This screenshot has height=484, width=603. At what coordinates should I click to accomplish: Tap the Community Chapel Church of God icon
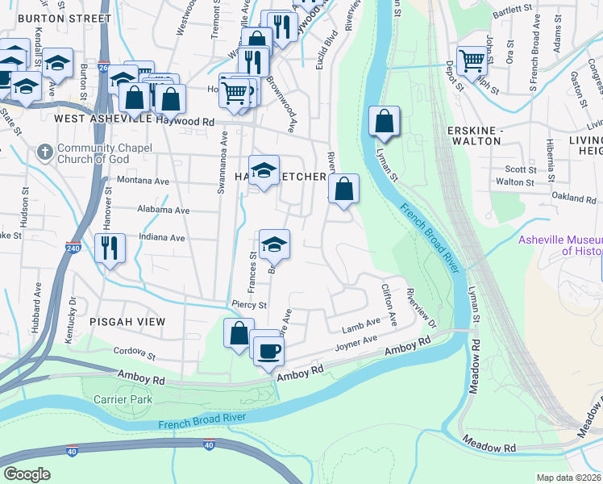tap(45, 151)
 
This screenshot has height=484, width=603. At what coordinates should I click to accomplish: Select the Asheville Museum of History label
tap(559, 245)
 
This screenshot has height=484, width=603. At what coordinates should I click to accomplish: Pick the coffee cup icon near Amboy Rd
tap(268, 349)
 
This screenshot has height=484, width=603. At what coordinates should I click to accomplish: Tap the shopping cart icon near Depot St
tap(472, 59)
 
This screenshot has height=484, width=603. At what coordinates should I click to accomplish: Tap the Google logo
tap(27, 474)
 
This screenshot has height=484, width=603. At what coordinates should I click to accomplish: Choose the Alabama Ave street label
tap(163, 210)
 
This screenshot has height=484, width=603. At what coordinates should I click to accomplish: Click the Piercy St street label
tap(248, 306)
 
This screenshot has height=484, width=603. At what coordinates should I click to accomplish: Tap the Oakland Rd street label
tap(573, 197)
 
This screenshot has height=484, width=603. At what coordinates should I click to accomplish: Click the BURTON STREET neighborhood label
tap(64, 18)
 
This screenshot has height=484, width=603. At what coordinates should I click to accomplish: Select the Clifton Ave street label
tap(389, 307)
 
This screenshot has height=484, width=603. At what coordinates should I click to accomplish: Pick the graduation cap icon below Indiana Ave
tap(274, 244)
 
